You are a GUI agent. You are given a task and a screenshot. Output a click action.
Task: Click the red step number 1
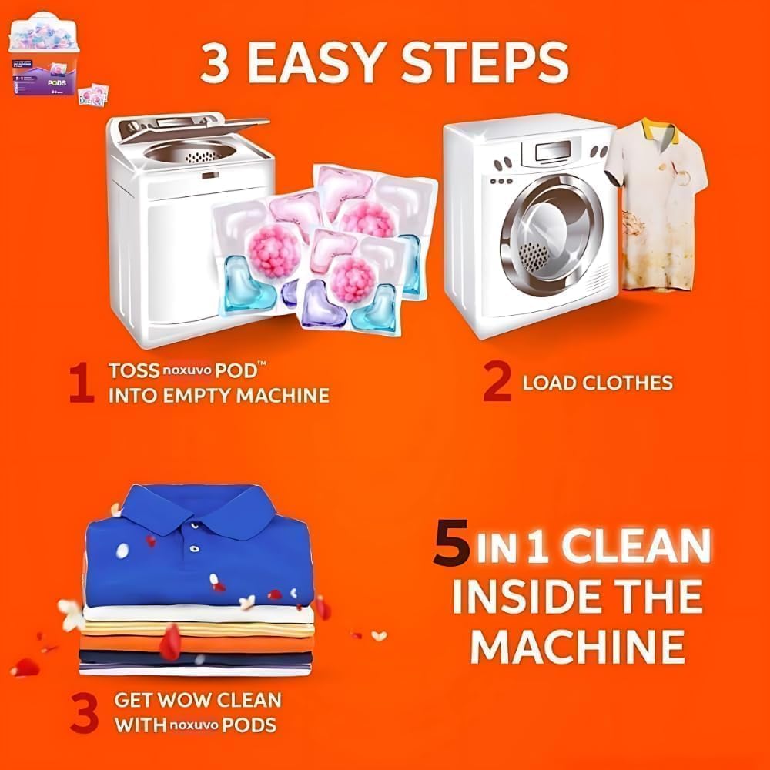coord(81,383)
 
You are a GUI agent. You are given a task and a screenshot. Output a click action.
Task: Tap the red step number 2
coord(497,383)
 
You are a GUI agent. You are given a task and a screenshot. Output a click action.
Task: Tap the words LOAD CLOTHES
coord(598,383)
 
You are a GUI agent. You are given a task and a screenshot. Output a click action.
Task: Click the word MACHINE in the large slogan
coord(577,645)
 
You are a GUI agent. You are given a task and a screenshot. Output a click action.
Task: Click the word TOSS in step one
coord(132,370)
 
